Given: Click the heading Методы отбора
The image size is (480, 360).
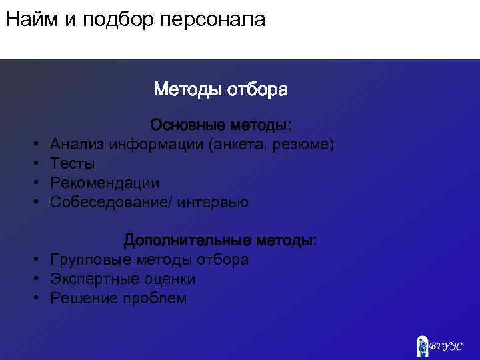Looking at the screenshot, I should (221, 89).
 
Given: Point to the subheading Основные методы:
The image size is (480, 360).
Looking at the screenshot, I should (221, 125).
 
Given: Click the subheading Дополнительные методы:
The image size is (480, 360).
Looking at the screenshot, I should (221, 240).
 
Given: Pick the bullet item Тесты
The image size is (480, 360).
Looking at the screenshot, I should (73, 164).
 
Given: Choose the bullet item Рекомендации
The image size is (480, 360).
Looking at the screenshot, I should (105, 183).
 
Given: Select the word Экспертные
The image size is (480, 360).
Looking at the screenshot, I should (93, 279).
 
